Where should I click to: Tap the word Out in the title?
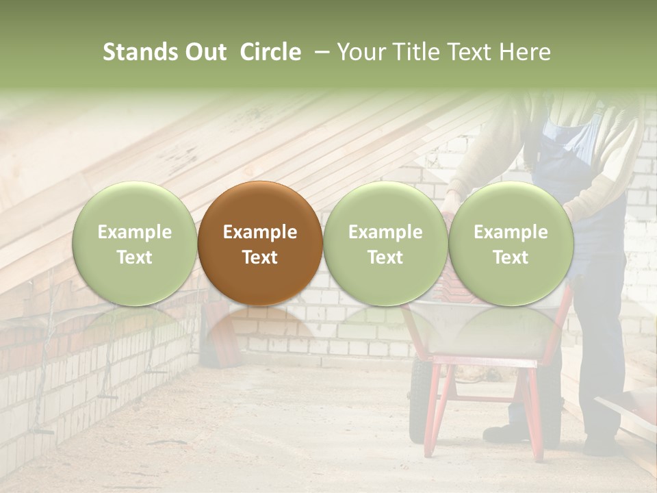click(x=206, y=52)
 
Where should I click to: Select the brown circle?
click(x=260, y=243)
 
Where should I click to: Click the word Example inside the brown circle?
click(x=260, y=232)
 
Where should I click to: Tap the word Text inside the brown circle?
click(x=260, y=257)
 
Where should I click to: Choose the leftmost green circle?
click(x=134, y=243)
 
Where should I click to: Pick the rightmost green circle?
click(x=511, y=243)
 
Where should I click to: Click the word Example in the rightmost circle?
click(x=511, y=232)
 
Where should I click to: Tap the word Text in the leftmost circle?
click(x=134, y=257)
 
